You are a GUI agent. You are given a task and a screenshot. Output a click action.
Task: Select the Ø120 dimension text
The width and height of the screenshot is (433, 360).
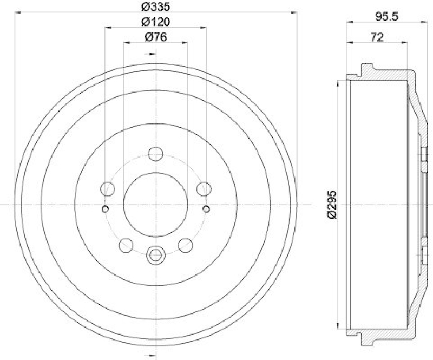pyautogui.click(x=155, y=22)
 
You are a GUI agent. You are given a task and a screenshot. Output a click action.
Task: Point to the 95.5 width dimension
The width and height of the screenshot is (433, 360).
pyautogui.click(x=386, y=17)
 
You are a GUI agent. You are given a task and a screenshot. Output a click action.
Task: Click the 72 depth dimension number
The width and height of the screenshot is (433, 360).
pyautogui.click(x=377, y=37)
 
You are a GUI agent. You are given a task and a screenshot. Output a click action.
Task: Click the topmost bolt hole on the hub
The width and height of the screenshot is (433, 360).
pyautogui.click(x=156, y=153)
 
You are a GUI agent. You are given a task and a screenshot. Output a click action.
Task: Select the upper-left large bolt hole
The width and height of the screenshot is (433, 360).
pyautogui.click(x=108, y=189)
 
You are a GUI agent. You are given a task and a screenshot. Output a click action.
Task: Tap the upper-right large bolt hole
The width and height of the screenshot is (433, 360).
pyautogui.click(x=204, y=189)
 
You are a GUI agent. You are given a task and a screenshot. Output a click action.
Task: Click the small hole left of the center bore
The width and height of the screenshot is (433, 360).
pyautogui.click(x=106, y=209)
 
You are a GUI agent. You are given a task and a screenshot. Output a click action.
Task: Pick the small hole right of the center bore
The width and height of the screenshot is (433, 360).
pyautogui.click(x=206, y=209)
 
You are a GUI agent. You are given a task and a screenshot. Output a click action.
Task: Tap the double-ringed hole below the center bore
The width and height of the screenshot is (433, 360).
pyautogui.click(x=156, y=254)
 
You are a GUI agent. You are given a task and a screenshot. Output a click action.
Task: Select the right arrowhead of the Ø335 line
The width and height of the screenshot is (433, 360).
pyautogui.click(x=295, y=11)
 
